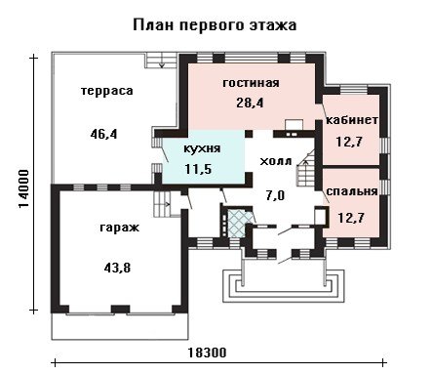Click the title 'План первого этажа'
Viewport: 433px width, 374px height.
[215, 25]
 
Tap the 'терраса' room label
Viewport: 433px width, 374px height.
[107, 91]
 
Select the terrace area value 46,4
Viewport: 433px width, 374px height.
[103, 134]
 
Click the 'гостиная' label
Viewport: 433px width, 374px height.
[251, 83]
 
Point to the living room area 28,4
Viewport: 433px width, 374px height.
[250, 103]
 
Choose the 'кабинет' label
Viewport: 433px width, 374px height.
[352, 120]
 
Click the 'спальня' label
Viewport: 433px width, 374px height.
[352, 191]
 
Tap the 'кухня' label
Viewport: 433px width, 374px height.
[202, 148]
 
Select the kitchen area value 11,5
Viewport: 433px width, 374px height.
[198, 169]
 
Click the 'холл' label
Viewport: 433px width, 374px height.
[276, 161]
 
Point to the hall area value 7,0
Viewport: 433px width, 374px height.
[275, 195]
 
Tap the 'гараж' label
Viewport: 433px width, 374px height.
[120, 228]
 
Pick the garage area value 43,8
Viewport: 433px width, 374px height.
[117, 268]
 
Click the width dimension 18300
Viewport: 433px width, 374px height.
[207, 353]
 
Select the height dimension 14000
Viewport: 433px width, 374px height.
[24, 188]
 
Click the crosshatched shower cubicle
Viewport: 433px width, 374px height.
[237, 224]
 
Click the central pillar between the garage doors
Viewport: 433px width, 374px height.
[121, 309]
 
